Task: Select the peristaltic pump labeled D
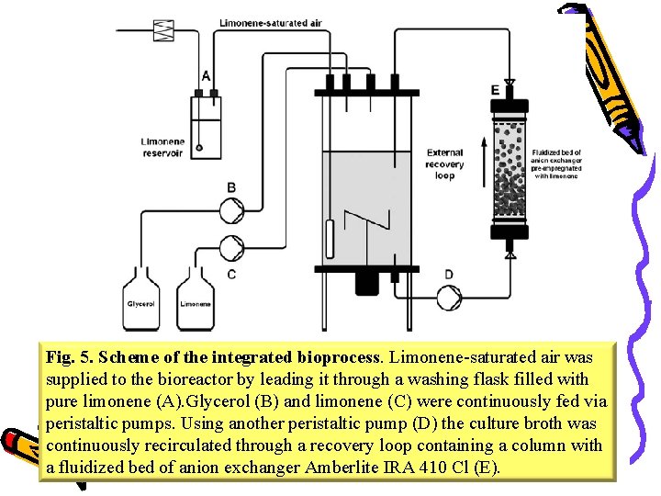click(449, 297)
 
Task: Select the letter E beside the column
click(495, 90)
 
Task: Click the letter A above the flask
click(206, 75)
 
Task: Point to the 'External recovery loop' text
click(445, 163)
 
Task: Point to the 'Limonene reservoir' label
click(162, 148)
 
